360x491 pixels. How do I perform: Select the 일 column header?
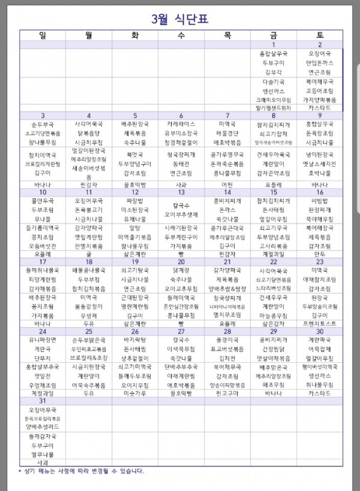[43, 35]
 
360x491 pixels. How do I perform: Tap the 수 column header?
[181, 35]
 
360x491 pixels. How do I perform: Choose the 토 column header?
[320, 35]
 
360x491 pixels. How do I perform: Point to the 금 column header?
[274, 35]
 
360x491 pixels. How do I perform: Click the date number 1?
[274, 44]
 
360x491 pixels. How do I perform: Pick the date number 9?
[320, 116]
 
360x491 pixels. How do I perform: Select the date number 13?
[181, 192]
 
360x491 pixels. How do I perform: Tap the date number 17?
[43, 262]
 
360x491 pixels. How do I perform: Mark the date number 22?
[274, 262]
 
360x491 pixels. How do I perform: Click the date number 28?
[227, 332]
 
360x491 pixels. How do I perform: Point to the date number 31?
[43, 401]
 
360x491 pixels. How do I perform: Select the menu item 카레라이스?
[181, 124]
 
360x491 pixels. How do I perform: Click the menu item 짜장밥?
[135, 200]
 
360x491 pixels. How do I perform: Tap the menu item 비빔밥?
[320, 200]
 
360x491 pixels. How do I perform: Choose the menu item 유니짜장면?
[43, 340]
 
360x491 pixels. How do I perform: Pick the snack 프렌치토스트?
[320, 323]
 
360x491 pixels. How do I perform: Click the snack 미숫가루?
[135, 393]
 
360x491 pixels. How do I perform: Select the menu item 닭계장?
[181, 270]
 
